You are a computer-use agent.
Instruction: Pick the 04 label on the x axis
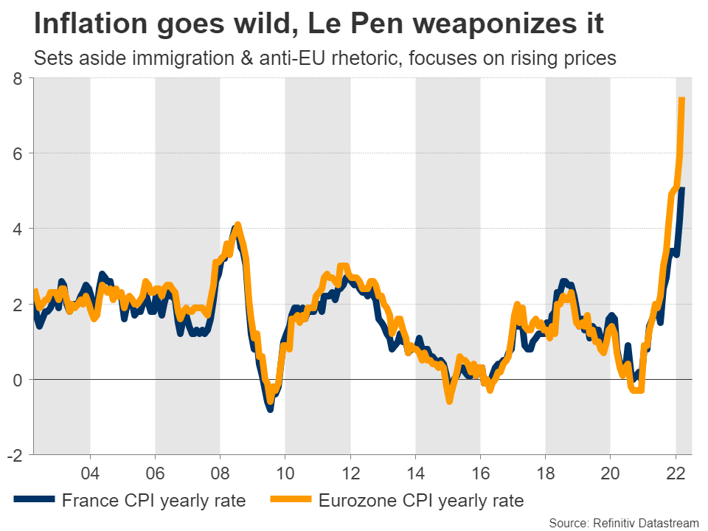coord(90,472)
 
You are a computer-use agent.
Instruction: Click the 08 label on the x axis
coord(220,472)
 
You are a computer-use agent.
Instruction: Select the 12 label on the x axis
coord(350,472)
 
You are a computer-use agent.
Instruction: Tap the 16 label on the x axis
coord(480,472)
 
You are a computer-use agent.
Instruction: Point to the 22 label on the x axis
coord(676,472)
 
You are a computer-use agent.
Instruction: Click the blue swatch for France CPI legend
coord(33,502)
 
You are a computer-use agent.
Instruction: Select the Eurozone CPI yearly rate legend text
coord(421,502)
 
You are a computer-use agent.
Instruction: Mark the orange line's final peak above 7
coord(681,100)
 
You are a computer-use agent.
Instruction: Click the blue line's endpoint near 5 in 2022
coord(681,190)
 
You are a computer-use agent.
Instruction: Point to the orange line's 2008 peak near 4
coord(237,225)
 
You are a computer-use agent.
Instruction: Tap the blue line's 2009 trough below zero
coord(270,407)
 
